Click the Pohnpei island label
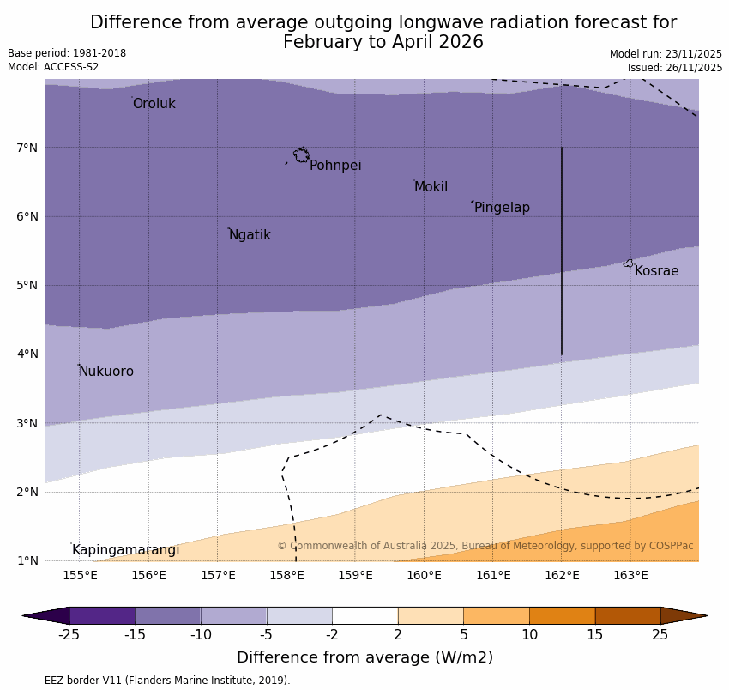tap(335, 166)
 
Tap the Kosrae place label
tap(656, 271)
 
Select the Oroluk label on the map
tap(154, 104)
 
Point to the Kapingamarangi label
tap(126, 550)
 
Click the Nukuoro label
tap(106, 372)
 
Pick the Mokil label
tap(431, 187)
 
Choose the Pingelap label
tap(502, 208)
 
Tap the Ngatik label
tap(250, 235)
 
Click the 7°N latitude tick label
tap(27, 148)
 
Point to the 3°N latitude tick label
tap(27, 423)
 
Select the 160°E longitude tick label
tap(424, 575)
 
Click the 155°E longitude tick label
tap(80, 575)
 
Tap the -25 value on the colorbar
tap(69, 635)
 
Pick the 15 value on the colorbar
tap(595, 635)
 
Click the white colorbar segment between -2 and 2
tap(364, 615)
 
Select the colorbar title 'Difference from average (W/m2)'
tap(364, 658)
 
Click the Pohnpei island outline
tap(301, 155)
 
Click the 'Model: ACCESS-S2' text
tap(53, 67)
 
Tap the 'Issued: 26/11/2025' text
tap(674, 68)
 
